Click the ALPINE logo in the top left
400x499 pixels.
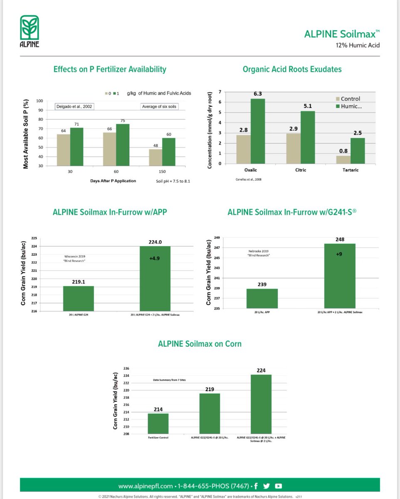point(30,31)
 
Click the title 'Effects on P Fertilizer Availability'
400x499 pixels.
point(110,69)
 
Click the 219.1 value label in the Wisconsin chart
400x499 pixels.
point(78,282)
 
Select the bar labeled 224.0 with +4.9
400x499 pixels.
point(155,278)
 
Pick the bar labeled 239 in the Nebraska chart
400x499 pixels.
point(262,299)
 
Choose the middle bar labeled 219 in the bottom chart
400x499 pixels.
point(210,413)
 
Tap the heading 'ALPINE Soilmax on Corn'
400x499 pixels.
point(200,344)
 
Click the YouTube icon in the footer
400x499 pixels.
point(279,486)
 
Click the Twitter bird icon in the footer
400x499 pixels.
point(267,486)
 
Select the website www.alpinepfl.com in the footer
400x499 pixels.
point(145,486)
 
